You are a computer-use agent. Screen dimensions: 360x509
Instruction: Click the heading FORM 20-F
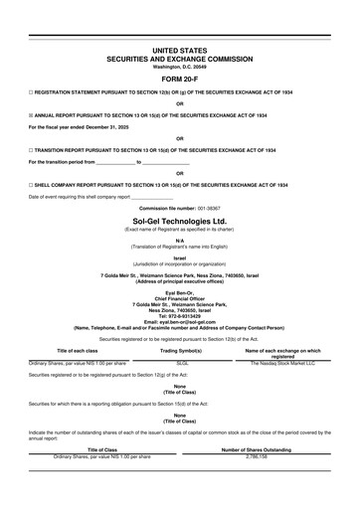[180, 80]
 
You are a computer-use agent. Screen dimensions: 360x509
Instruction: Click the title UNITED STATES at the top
[180, 48]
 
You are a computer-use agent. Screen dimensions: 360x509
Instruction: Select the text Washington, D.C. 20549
[180, 66]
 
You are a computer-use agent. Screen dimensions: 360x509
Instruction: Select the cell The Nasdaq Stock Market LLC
[282, 364]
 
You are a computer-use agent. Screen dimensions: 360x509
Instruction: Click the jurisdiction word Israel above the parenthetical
[180, 256]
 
